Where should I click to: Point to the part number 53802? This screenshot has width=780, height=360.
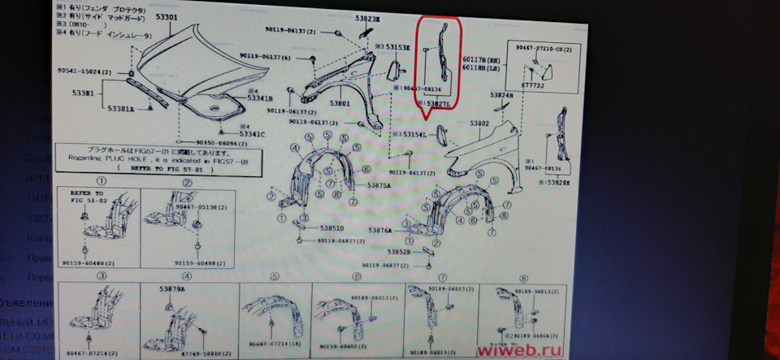(480, 124)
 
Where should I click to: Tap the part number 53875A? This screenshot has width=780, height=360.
(379, 185)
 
